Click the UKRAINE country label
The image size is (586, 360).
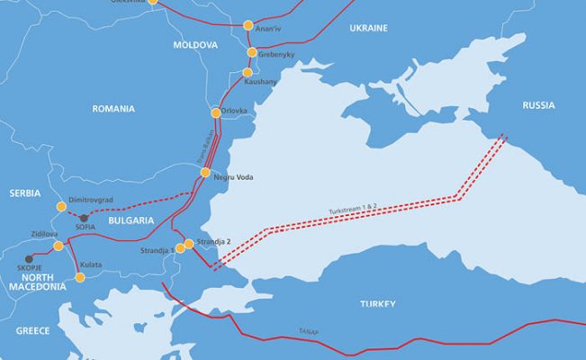click(x=368, y=29)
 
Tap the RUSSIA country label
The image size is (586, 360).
click(x=538, y=105)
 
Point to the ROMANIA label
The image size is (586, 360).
click(x=113, y=109)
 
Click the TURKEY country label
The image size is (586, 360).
click(x=377, y=304)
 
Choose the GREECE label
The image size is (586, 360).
click(x=32, y=331)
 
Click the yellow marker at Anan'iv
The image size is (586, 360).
click(x=249, y=26)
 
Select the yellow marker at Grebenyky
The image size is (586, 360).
click(x=252, y=52)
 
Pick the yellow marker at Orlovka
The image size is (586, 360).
click(x=215, y=112)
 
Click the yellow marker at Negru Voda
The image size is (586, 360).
click(x=205, y=172)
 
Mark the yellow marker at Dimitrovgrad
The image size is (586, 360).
click(x=61, y=206)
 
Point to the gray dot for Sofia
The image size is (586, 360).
click(x=83, y=218)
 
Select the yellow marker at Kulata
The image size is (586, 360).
click(x=80, y=277)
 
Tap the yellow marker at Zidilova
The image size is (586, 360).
click(x=59, y=245)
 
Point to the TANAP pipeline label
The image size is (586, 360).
click(x=309, y=332)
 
